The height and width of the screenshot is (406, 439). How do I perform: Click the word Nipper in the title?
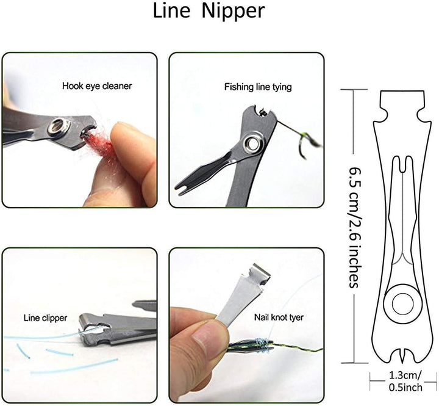tap(233, 12)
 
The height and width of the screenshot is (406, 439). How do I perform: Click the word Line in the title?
tap(171, 10)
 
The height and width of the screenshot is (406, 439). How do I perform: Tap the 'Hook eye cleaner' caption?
tap(97, 86)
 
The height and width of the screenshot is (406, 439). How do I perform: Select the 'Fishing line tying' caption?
tap(258, 87)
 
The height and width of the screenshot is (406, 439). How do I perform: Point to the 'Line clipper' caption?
tap(45, 318)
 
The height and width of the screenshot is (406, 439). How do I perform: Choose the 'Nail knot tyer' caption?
tap(279, 317)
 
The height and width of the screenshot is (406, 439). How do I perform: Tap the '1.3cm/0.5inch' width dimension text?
tap(405, 382)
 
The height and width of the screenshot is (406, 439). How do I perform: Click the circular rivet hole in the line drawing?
tap(402, 304)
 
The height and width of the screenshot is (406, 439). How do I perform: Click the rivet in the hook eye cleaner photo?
tap(59, 128)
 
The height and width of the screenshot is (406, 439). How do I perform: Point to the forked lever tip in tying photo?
tap(182, 187)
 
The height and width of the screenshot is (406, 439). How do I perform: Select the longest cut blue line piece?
tap(74, 366)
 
